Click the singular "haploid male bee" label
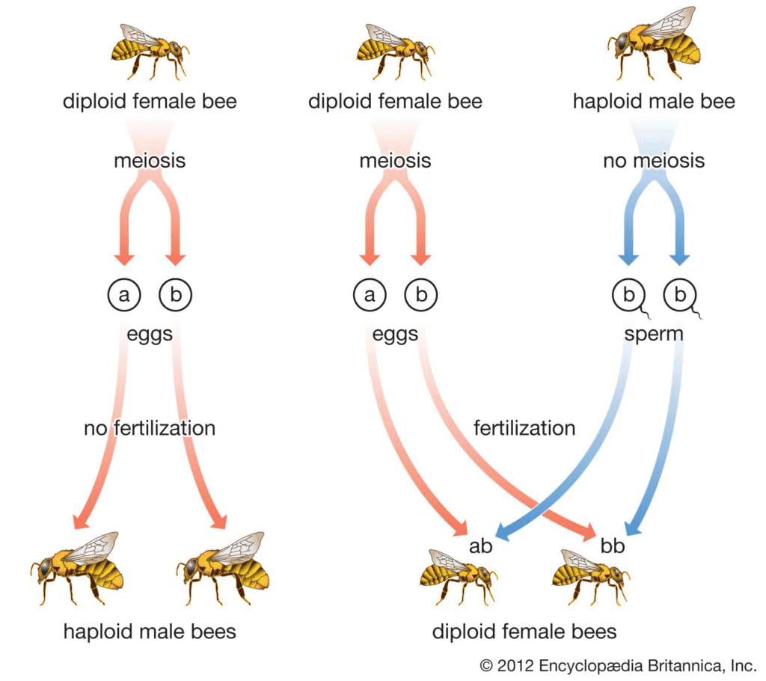point(654,102)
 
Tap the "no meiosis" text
point(654,160)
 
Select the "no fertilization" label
point(150,428)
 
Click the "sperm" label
point(654,335)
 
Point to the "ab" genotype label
point(481,546)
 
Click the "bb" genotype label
point(613,546)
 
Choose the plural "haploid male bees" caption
point(150,631)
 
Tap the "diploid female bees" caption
point(524,631)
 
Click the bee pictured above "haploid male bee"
point(654,44)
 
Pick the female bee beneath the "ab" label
point(459,578)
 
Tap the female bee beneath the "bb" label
point(591,578)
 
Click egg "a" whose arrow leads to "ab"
point(370,295)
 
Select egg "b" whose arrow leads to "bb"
point(421,295)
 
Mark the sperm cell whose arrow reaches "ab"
point(629,296)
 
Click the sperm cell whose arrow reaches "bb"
point(681,296)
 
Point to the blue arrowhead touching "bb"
point(633,527)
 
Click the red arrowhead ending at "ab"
point(460,528)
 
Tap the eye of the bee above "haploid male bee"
point(622,42)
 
